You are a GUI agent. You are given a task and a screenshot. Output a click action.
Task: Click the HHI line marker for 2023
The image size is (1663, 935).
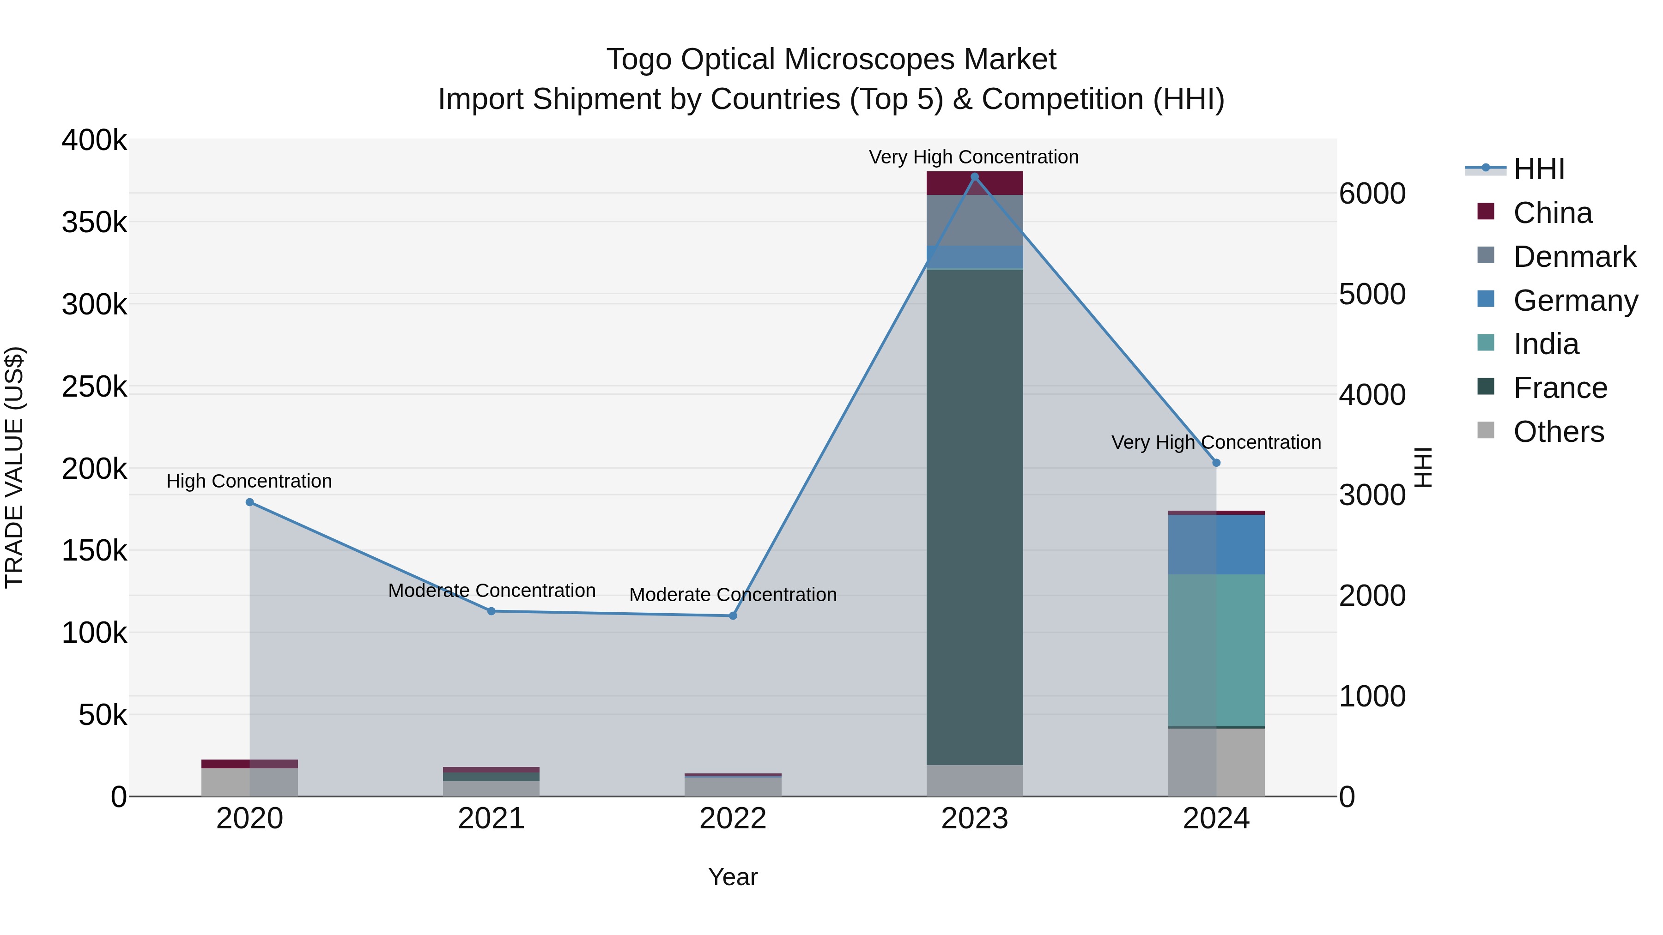coord(975,177)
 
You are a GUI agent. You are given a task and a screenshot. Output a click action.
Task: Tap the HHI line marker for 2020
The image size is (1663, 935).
coord(250,502)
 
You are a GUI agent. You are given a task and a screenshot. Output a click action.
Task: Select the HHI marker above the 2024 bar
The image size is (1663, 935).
coord(1216,463)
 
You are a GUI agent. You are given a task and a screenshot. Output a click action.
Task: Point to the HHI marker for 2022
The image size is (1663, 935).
coord(733,615)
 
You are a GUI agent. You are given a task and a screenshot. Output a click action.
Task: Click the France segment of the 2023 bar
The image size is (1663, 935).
coord(975,516)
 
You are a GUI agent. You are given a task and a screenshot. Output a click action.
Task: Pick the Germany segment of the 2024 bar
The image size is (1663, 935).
coord(1216,545)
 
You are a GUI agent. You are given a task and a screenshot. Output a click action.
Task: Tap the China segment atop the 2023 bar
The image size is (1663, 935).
coord(975,183)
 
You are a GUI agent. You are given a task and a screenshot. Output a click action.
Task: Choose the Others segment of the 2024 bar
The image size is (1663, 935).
coord(1216,762)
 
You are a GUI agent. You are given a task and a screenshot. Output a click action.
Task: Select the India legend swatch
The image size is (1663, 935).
coord(1486,343)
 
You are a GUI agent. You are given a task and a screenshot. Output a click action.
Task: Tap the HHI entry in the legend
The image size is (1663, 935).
coord(1538,169)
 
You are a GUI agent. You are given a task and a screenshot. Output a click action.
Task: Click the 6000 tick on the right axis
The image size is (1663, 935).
coord(1372,193)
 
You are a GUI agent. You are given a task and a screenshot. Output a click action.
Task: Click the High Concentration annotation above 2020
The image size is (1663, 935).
coord(249,482)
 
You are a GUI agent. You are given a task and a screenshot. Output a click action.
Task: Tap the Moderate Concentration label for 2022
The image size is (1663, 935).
coord(733,595)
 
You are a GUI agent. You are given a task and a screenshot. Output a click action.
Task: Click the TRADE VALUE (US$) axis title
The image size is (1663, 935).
coord(14,467)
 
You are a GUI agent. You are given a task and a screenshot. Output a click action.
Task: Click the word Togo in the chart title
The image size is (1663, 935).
coord(639,60)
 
